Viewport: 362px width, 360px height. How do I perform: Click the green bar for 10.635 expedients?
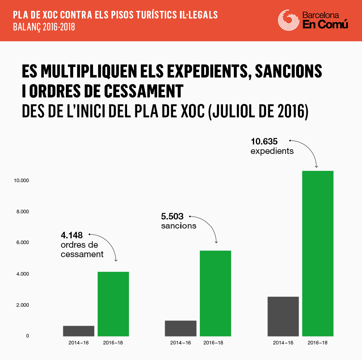pos(318,254)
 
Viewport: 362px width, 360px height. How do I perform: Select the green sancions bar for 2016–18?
pos(215,293)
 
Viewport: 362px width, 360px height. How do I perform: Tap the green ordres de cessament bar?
pos(113,304)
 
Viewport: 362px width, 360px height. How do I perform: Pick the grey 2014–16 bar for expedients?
pos(283,316)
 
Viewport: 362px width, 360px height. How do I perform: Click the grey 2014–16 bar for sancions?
pos(181,328)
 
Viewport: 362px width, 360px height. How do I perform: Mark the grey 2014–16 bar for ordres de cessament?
pos(79,331)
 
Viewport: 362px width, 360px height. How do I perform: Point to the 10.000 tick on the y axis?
pos(21,181)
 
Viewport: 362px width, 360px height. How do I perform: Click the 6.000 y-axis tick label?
pos(22,242)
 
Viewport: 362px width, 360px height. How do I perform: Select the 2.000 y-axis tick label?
pos(22,305)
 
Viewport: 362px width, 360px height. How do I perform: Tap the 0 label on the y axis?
pos(28,336)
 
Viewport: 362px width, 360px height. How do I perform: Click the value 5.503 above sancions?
pos(172,216)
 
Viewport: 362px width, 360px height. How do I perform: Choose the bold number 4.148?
pos(72,235)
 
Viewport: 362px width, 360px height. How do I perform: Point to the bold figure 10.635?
pos(264,141)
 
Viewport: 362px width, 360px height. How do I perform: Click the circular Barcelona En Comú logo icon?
pos(289,20)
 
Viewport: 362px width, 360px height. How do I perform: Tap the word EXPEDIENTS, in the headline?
pos(209,71)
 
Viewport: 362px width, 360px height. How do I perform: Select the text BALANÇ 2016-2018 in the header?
pos(44,27)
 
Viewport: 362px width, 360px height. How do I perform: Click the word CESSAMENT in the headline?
pos(144,91)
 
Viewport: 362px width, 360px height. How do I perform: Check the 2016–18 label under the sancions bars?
pos(213,343)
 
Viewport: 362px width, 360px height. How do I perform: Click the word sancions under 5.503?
pos(179,226)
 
